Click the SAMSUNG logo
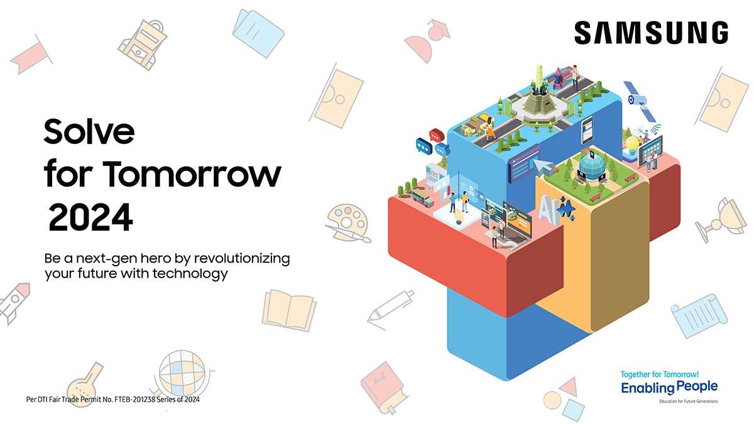click(x=651, y=33)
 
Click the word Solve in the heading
click(x=89, y=131)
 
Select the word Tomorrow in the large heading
click(x=192, y=175)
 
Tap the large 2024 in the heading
click(x=91, y=217)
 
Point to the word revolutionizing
click(x=242, y=258)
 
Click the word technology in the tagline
click(x=190, y=274)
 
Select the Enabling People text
click(x=669, y=388)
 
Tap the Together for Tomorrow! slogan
click(x=659, y=374)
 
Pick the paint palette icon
click(x=347, y=224)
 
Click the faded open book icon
click(x=289, y=310)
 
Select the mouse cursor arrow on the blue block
click(x=543, y=166)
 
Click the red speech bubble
click(x=437, y=135)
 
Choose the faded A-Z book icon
click(x=384, y=387)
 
